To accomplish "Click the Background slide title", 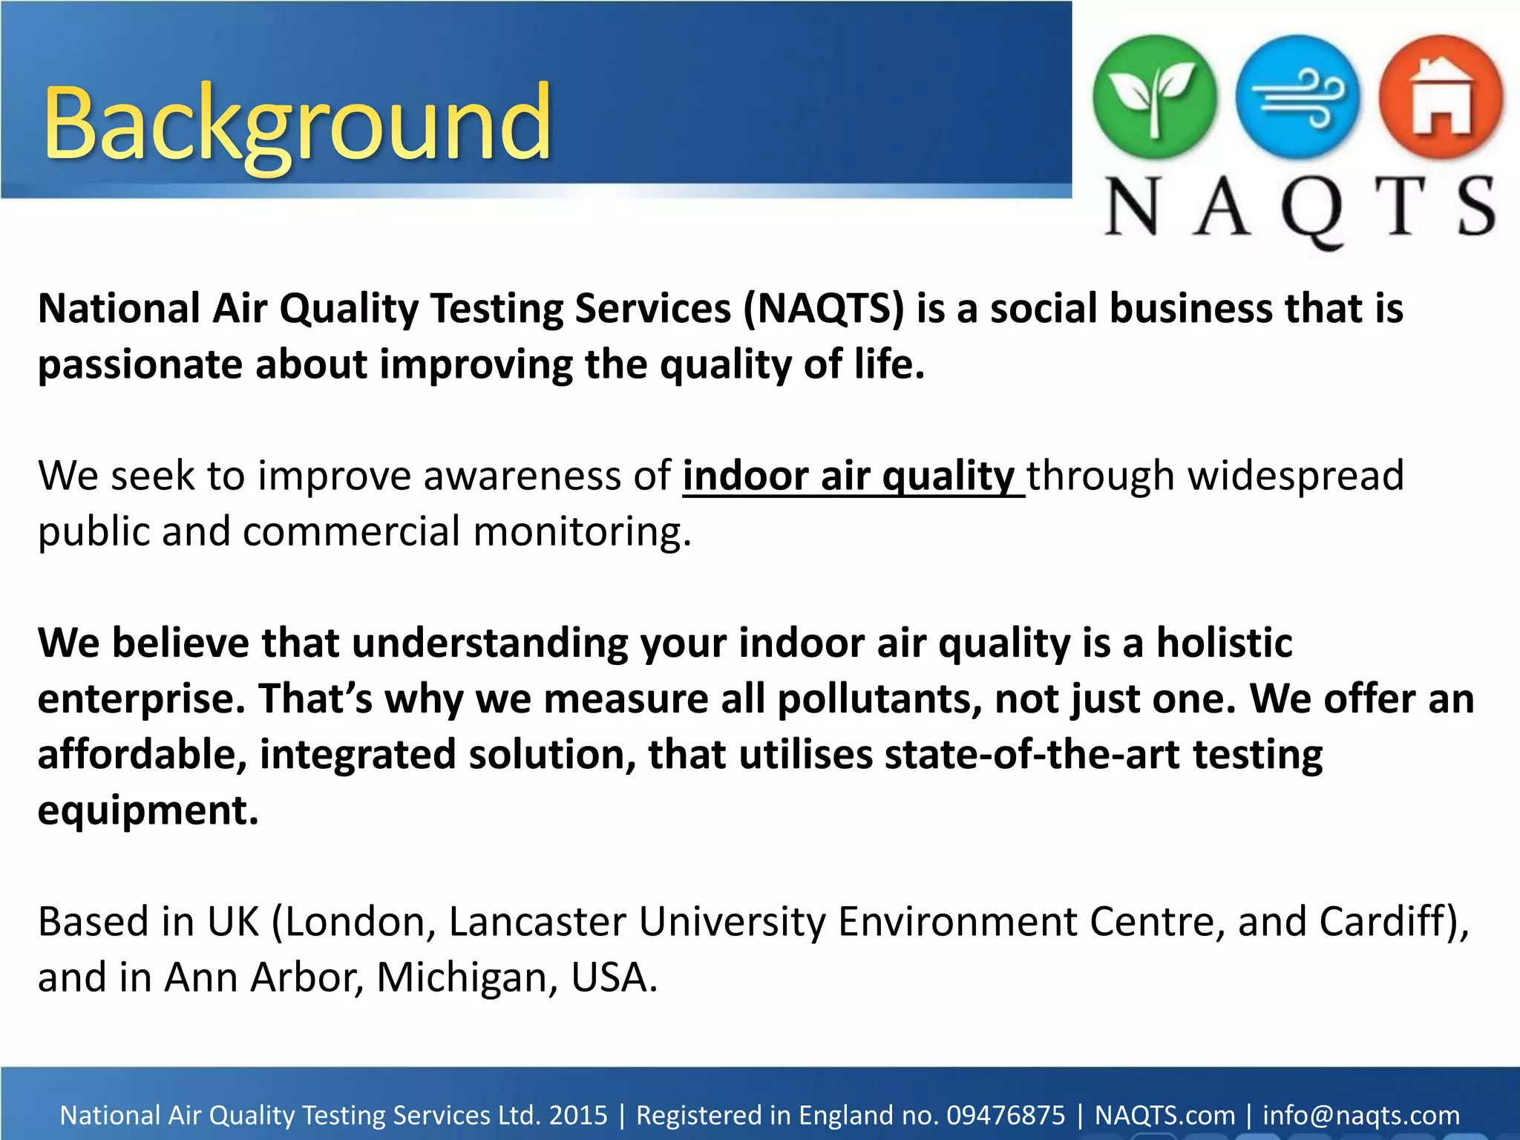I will tap(297, 122).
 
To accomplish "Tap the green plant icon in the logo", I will tap(1154, 97).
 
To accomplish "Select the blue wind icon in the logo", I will tap(1297, 97).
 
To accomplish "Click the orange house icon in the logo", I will tap(1441, 97).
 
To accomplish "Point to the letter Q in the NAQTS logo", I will tap(1311, 212).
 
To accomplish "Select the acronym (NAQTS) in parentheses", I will tap(824, 309).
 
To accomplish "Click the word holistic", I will tap(1225, 643).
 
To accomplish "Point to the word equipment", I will tap(148, 810).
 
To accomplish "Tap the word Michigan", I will tap(467, 977).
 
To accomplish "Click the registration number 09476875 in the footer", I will tap(1006, 1116).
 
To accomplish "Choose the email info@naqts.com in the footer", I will tap(1361, 1116).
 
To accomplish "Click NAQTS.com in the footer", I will tap(1164, 1116).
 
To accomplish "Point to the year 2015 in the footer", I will tap(577, 1116).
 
